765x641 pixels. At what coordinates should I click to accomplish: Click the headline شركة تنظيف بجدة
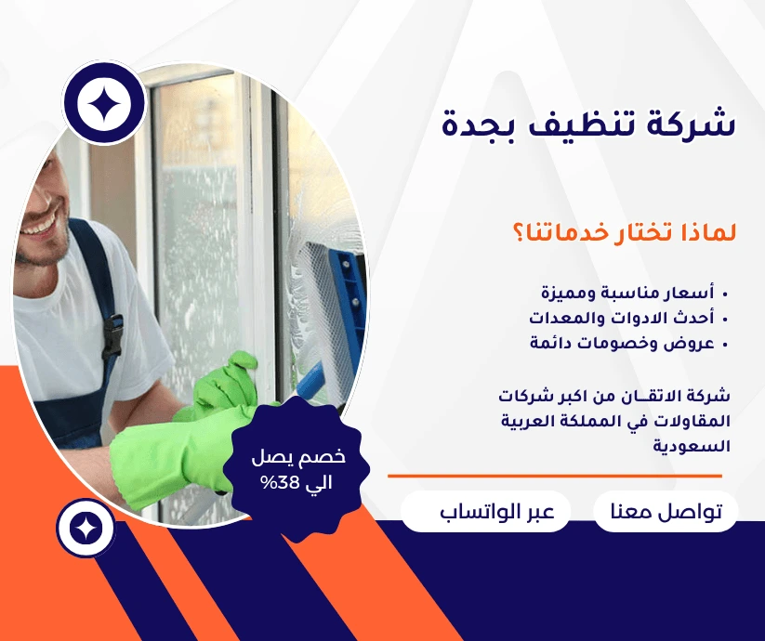(588, 124)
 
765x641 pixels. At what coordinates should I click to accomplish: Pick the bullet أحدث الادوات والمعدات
(622, 318)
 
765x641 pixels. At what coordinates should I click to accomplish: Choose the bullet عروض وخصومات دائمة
(623, 343)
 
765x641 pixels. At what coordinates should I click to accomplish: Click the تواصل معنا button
(666, 511)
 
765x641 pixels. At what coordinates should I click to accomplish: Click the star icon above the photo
(104, 102)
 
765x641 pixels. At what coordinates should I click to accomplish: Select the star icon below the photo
(86, 529)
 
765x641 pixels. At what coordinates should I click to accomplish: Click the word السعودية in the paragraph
(692, 446)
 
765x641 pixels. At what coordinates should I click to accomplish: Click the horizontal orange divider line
(555, 476)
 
